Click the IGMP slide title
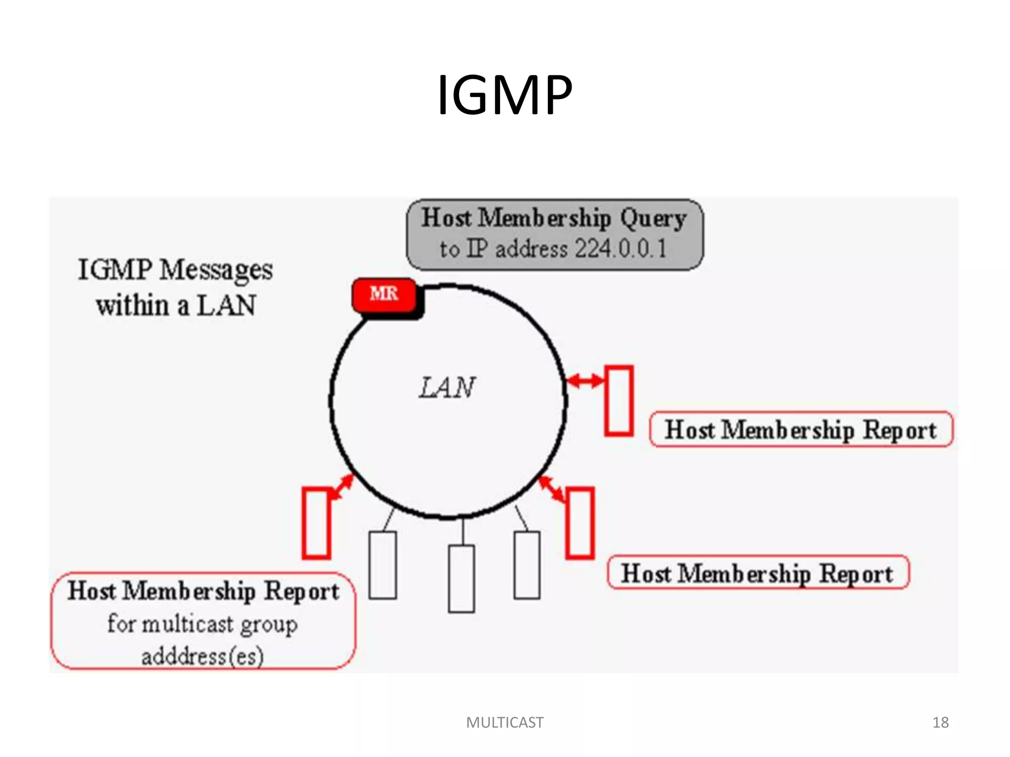point(505,95)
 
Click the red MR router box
point(384,295)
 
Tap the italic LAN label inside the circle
point(447,387)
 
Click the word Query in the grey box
point(653,219)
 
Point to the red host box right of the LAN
point(619,401)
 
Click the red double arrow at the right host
point(585,380)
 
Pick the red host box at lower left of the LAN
point(316,523)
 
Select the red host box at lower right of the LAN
point(579,523)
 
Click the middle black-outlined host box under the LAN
point(462,579)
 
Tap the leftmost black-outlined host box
point(383,565)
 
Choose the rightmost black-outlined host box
point(527,565)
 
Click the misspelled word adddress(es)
point(203,656)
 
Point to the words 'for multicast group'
point(203,624)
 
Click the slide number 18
point(940,723)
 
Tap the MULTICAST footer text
point(505,723)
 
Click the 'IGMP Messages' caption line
point(176,271)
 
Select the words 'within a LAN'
point(176,306)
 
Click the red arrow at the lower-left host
point(342,487)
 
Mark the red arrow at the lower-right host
point(552,489)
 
